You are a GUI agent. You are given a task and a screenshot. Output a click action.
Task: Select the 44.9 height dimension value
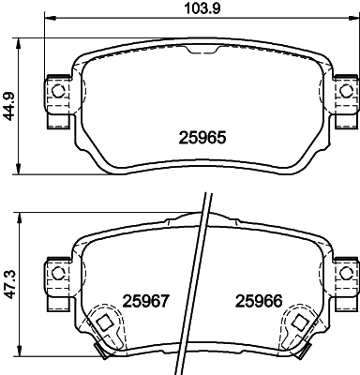(9, 106)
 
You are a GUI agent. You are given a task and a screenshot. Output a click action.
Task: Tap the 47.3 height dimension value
(10, 285)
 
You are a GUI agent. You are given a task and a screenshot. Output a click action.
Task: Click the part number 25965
(202, 138)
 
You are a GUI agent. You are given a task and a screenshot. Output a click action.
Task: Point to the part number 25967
(145, 302)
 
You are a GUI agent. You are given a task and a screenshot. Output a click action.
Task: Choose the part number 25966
(259, 302)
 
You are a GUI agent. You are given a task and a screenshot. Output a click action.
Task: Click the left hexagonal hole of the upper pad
(57, 91)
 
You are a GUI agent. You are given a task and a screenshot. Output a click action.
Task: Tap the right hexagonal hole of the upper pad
(345, 91)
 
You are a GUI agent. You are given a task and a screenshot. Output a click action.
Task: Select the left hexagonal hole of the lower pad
(57, 274)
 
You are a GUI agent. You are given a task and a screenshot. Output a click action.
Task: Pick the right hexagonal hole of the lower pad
(345, 274)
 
